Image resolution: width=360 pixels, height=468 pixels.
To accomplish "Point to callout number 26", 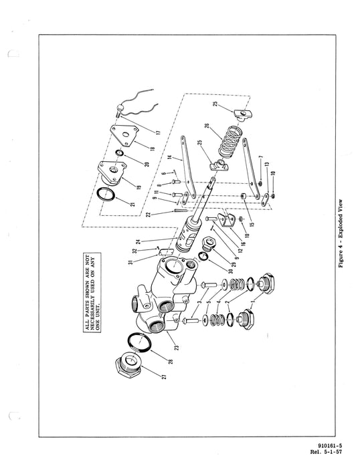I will point(206,126).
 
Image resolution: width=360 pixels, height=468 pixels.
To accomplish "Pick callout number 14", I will point(171,158).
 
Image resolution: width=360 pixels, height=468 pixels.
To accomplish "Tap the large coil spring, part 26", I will point(232,146).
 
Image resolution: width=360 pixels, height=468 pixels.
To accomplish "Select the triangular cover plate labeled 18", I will point(125,138).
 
